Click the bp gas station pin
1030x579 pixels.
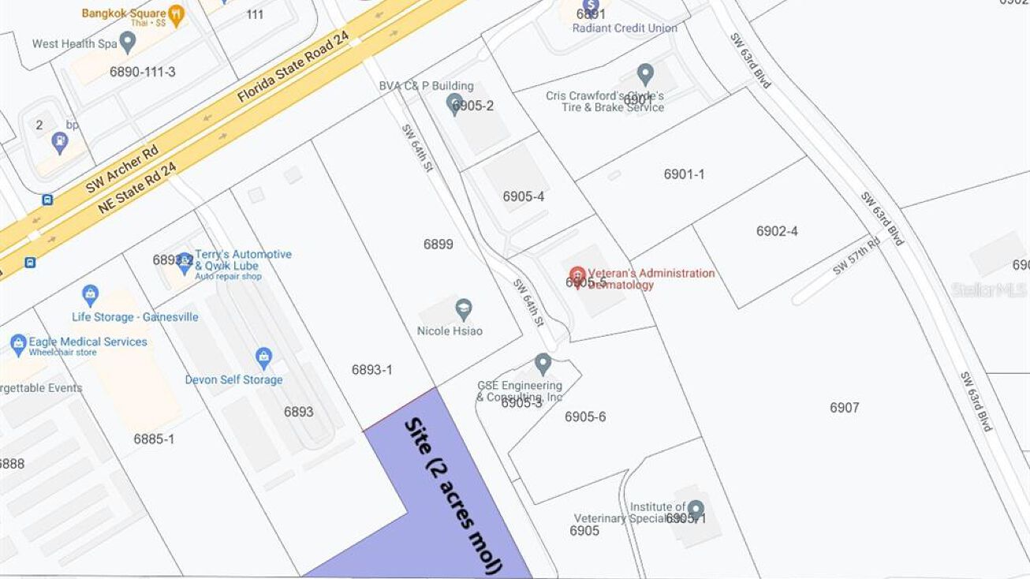coord(59,143)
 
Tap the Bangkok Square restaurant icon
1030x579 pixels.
coord(176,14)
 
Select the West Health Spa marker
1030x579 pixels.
coord(128,43)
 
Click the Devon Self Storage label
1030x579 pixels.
coord(233,379)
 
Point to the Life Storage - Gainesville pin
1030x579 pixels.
coord(91,295)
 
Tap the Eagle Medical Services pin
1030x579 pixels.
coord(18,344)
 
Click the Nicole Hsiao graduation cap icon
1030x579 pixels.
coord(464,308)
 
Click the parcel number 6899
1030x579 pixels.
coord(438,245)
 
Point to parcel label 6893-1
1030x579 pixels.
coord(371,369)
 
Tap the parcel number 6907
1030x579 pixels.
coord(844,408)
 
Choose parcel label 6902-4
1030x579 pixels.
coord(777,231)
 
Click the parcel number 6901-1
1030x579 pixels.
coord(684,174)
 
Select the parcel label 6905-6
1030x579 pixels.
coord(585,417)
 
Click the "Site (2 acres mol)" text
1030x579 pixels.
coord(453,495)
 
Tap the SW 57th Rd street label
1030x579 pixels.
coord(856,256)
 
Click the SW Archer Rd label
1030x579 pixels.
coord(122,170)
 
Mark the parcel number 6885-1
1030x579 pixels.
coord(154,439)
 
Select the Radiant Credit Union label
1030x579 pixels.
coord(625,28)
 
